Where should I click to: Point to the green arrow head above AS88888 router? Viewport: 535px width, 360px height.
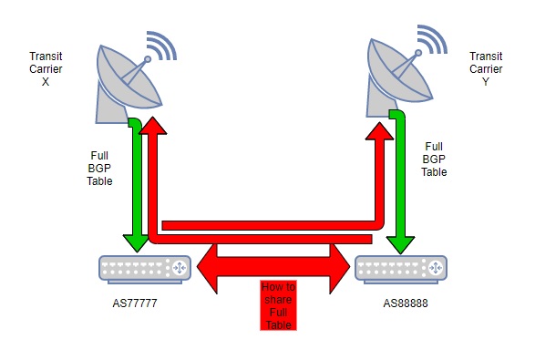398,242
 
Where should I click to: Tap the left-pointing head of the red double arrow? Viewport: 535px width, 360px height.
203,263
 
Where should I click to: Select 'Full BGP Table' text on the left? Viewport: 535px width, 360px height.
99,168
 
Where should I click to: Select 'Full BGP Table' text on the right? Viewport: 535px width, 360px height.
435,159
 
